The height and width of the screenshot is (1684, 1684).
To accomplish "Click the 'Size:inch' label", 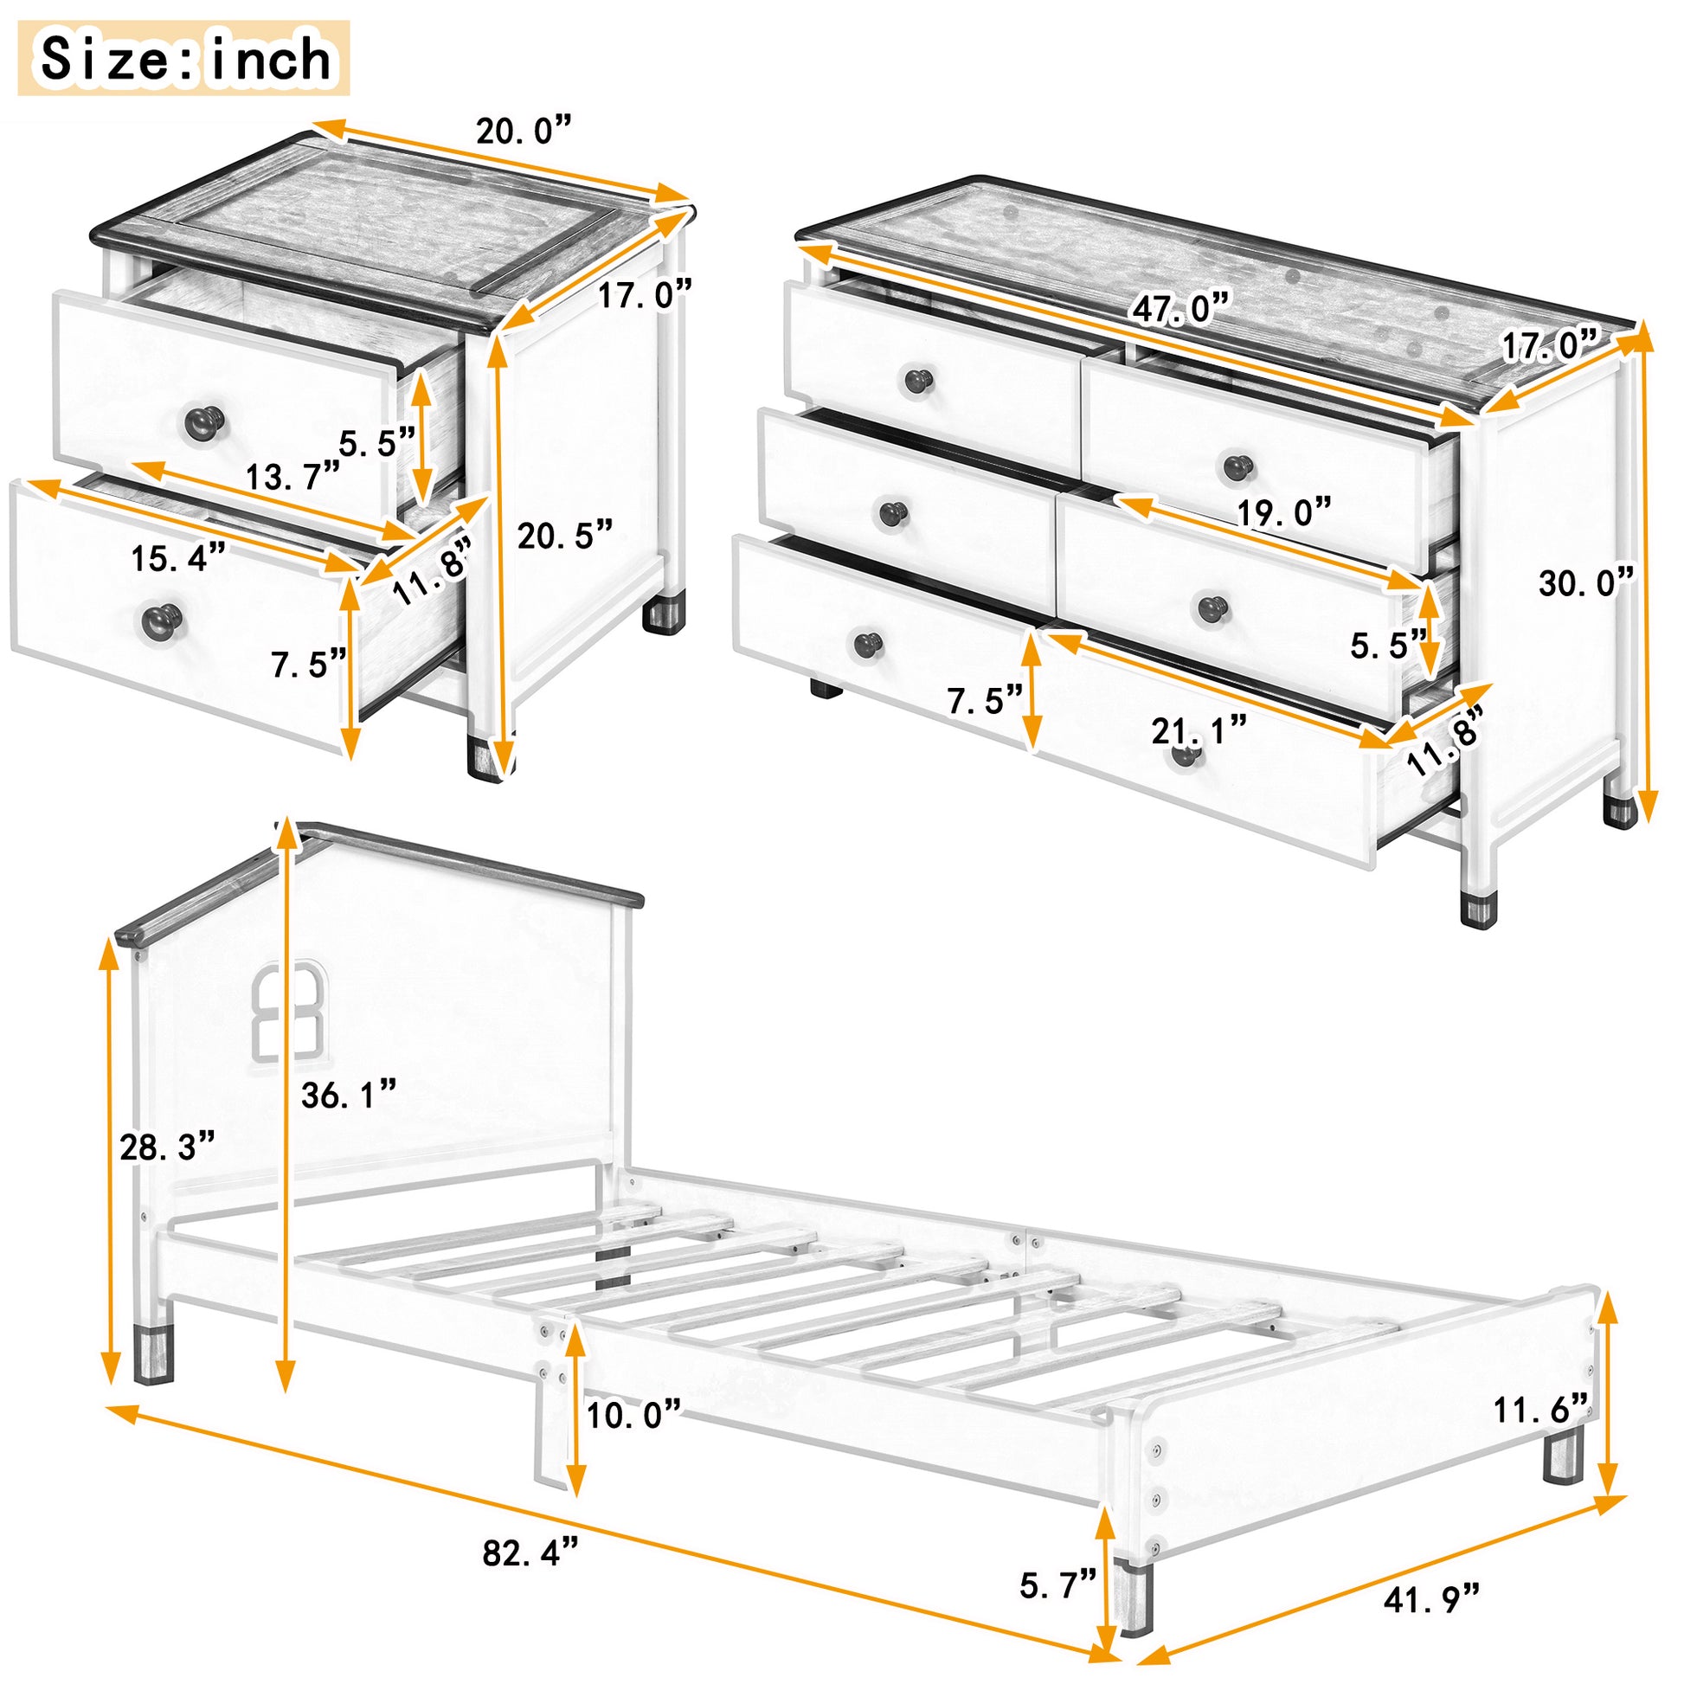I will tap(184, 58).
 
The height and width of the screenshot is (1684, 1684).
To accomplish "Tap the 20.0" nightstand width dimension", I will tap(523, 131).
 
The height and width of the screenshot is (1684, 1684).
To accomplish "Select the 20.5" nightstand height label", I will tap(565, 534).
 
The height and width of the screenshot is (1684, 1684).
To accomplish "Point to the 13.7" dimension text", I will tap(292, 477).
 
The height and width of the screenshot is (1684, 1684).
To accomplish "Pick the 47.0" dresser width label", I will tap(1181, 309).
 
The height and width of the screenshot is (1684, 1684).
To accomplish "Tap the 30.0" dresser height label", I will tap(1585, 582).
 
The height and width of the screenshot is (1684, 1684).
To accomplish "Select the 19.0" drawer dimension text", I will tap(1284, 512).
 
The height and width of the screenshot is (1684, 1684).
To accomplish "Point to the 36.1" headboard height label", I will tap(349, 1095).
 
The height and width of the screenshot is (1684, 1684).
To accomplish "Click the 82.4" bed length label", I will tap(530, 1552).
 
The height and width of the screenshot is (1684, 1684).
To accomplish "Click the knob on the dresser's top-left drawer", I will tap(918, 380).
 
